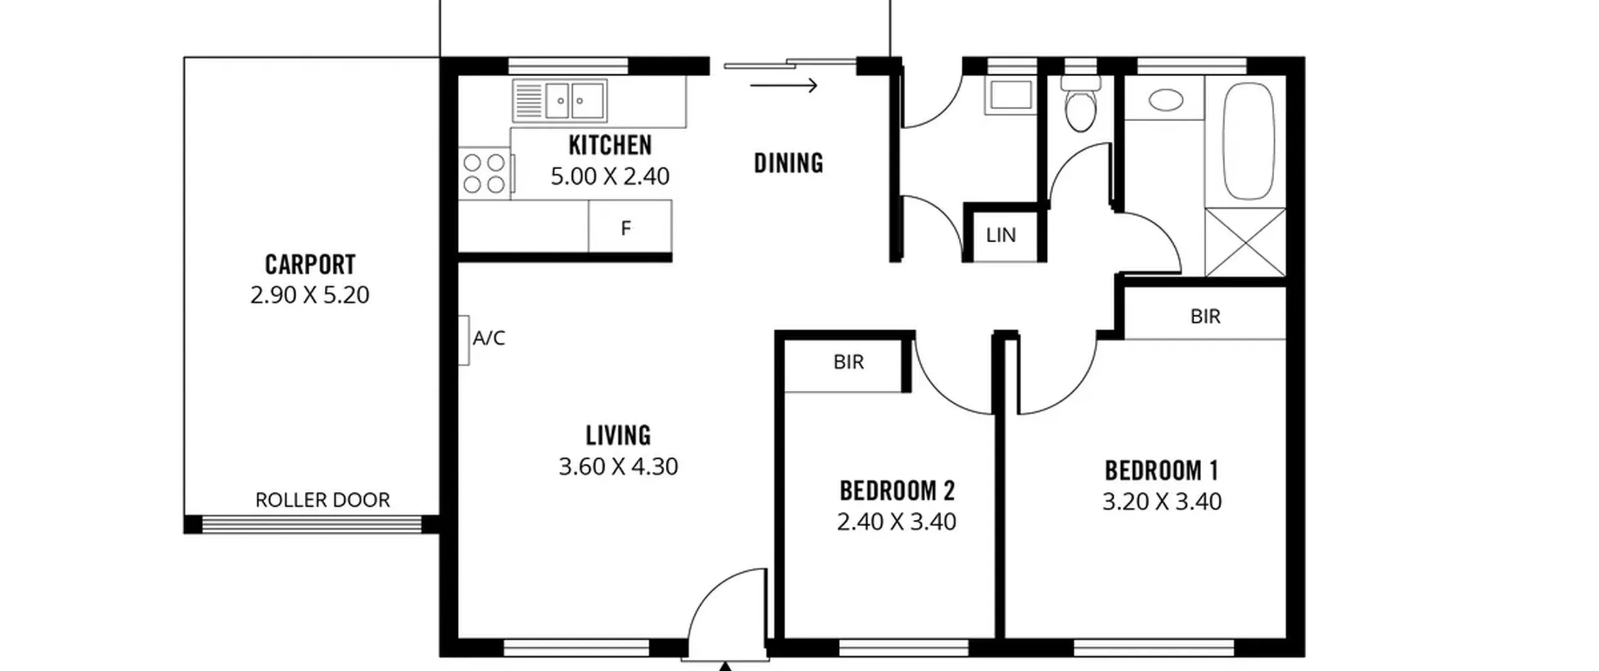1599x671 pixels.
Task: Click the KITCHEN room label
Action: (610, 145)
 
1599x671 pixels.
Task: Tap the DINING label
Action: (788, 163)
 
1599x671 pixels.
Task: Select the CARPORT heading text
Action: (310, 265)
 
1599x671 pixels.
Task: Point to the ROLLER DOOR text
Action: (322, 500)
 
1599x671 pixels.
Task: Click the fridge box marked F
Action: (630, 226)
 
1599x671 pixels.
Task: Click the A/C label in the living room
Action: (488, 338)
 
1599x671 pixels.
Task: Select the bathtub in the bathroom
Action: (1248, 141)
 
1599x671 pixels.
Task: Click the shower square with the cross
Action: (1245, 242)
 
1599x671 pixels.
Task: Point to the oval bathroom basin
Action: (1166, 100)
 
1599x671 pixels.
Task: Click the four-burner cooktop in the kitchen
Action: (485, 174)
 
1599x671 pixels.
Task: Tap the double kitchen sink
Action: (560, 100)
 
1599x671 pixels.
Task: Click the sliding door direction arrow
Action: (783, 85)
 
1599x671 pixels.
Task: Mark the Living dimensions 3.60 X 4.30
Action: (618, 466)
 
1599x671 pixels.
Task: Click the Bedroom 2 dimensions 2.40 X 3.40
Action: (896, 521)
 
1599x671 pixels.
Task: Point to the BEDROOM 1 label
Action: (1162, 471)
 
